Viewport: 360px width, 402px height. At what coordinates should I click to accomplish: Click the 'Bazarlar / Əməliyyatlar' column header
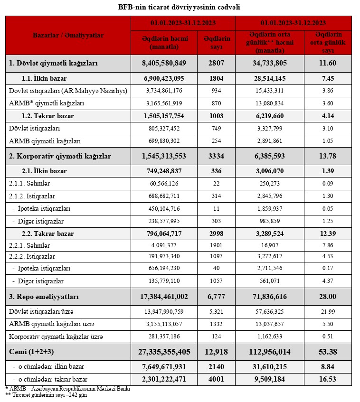pos(68,35)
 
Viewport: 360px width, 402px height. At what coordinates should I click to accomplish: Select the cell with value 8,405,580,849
pos(164,63)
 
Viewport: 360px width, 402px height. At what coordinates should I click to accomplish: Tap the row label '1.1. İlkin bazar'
pos(44,78)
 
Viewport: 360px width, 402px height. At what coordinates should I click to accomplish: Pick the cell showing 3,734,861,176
pos(165,91)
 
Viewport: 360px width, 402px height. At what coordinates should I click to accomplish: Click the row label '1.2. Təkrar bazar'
pos(47,115)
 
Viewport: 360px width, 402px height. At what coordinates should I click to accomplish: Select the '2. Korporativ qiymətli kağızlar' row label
pos(60,156)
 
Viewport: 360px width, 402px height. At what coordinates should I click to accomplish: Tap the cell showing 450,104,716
pos(165,208)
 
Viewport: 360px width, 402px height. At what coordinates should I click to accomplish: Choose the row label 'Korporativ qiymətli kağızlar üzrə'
pos(56,337)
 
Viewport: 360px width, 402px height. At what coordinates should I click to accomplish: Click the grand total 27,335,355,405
pos(164,352)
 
